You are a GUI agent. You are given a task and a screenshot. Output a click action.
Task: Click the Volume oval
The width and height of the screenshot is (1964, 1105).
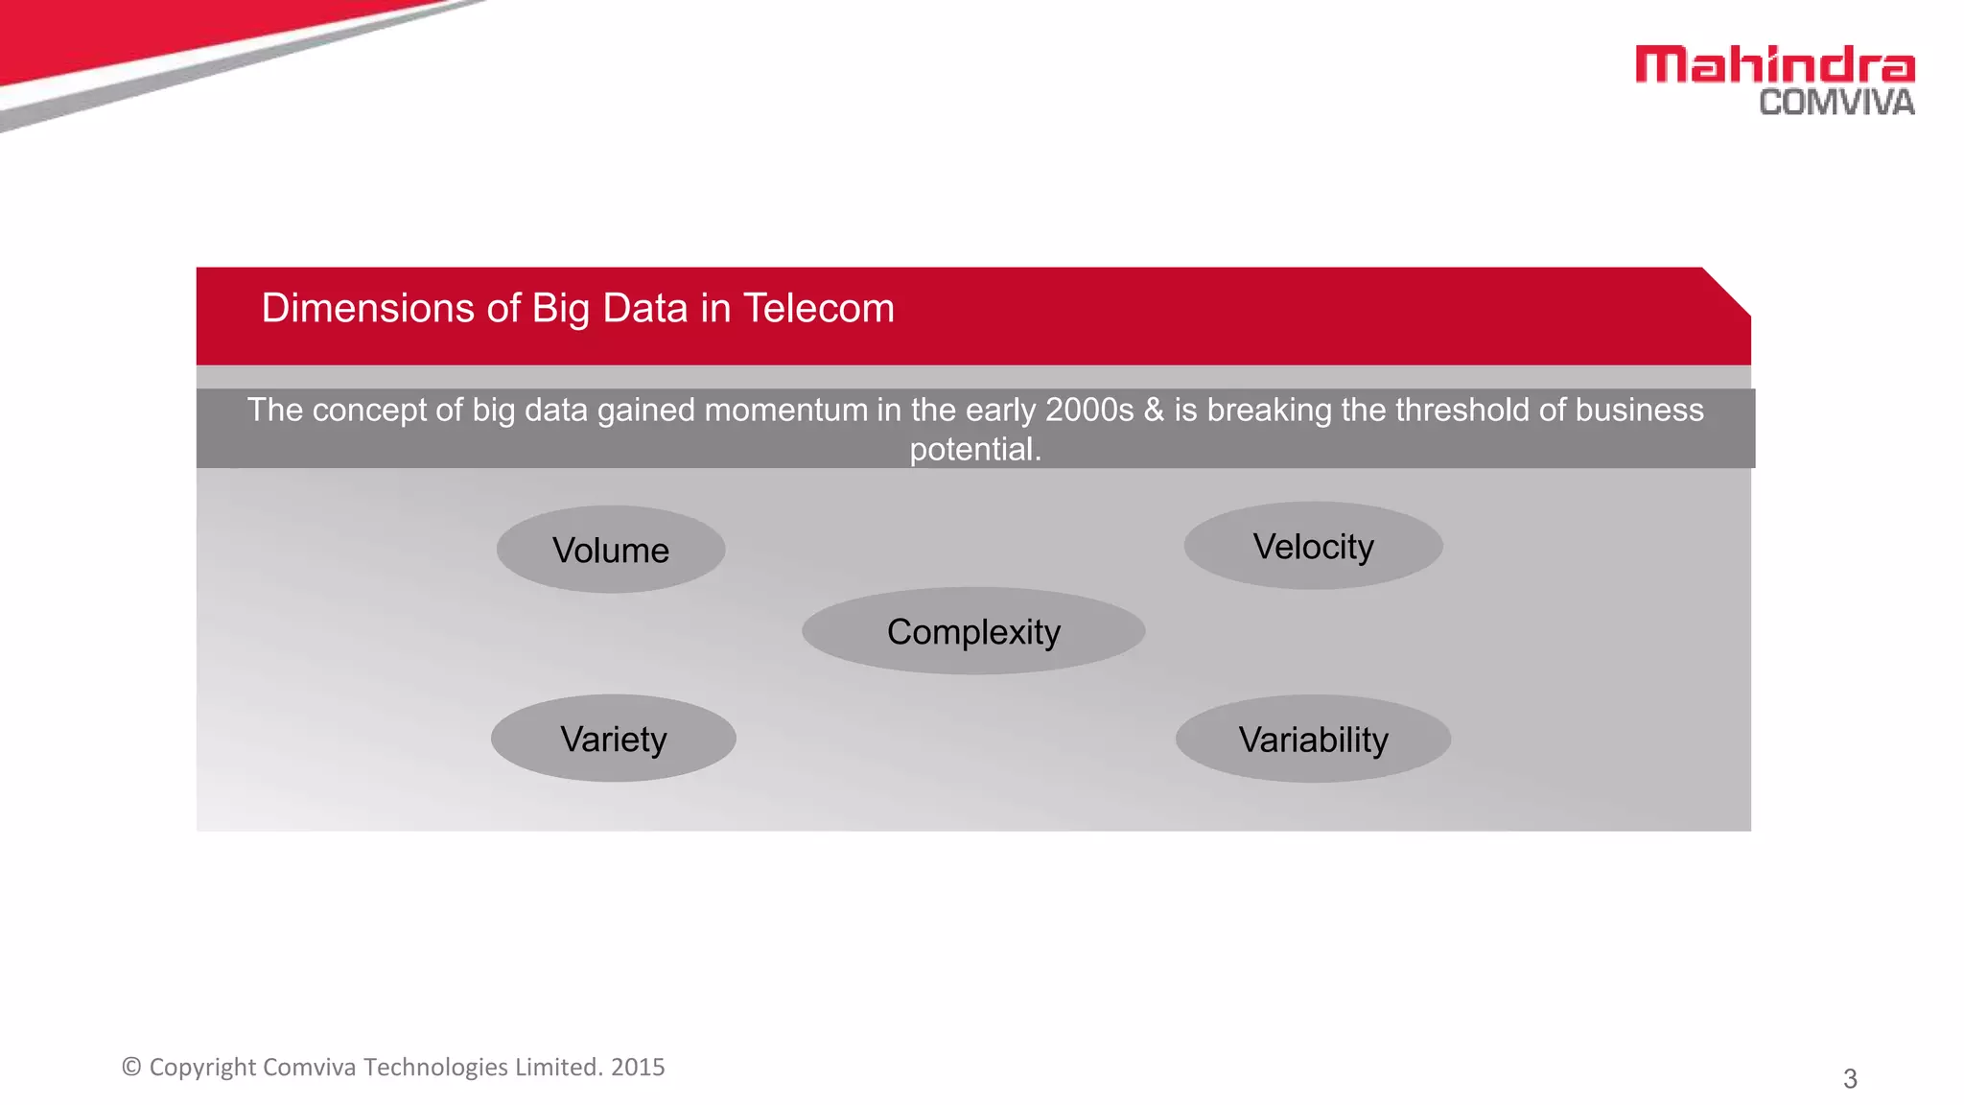click(611, 550)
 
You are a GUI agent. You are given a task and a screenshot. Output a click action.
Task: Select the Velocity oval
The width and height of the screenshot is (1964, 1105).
click(1313, 546)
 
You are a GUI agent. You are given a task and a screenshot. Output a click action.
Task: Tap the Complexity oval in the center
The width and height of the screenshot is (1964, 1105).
click(973, 631)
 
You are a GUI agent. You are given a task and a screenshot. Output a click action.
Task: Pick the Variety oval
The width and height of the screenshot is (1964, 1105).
click(613, 739)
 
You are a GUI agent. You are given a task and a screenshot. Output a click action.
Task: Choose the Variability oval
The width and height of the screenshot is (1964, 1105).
click(1313, 739)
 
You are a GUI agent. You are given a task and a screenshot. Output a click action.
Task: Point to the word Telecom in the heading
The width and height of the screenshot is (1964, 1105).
click(818, 309)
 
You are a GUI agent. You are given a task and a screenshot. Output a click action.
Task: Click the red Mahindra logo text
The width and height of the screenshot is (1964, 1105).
click(1774, 65)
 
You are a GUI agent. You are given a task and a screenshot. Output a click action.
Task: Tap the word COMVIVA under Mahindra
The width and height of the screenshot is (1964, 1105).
click(1835, 103)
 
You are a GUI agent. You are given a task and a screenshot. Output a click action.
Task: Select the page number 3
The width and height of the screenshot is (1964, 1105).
click(1850, 1079)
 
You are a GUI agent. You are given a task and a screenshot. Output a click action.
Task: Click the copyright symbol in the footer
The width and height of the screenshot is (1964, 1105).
click(131, 1067)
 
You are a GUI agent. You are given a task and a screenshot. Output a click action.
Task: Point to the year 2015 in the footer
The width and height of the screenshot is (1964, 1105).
click(638, 1067)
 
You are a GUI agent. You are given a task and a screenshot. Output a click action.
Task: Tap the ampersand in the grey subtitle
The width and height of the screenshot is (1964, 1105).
click(1154, 411)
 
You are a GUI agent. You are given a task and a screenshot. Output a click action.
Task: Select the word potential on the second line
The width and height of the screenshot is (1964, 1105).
click(973, 449)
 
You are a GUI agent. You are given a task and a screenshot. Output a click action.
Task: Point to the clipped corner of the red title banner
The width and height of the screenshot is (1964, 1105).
click(1727, 291)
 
